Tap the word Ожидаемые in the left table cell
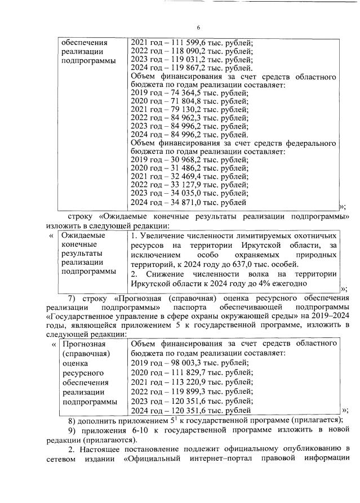(81, 235)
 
